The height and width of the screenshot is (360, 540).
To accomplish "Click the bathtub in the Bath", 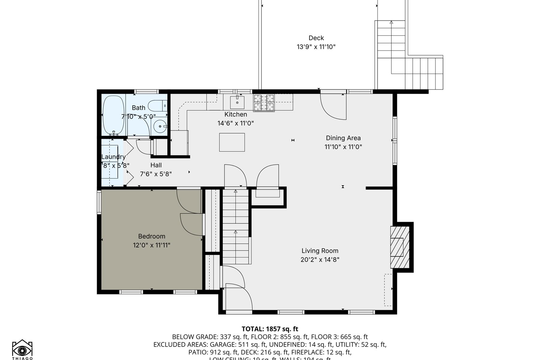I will pos(113,115).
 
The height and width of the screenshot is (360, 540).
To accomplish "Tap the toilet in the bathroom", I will pos(158,106).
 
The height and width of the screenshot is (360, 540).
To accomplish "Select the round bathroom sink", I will pos(160,126).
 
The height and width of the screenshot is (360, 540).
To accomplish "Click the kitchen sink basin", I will pos(237,102).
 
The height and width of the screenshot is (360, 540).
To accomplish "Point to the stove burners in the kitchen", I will pos(264,102).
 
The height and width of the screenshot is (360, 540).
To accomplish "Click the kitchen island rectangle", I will pos(232,142).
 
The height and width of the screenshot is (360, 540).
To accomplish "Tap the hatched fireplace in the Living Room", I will pos(400,247).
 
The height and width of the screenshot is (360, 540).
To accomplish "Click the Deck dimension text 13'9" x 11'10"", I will pos(316,47).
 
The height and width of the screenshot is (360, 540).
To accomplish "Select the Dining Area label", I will pos(343,138).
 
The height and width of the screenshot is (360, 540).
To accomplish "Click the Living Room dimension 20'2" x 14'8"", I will pos(320,259).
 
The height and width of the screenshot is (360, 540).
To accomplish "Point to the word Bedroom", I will pos(151,236).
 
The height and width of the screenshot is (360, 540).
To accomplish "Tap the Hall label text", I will pos(156,165).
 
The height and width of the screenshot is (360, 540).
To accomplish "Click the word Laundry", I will pos(113,157).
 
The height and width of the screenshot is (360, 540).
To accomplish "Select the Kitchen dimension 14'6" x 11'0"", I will pos(235,123).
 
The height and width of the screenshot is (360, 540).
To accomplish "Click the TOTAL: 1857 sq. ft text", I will pos(270,329).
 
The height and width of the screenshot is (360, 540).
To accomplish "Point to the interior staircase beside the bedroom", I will pos(236,226).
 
